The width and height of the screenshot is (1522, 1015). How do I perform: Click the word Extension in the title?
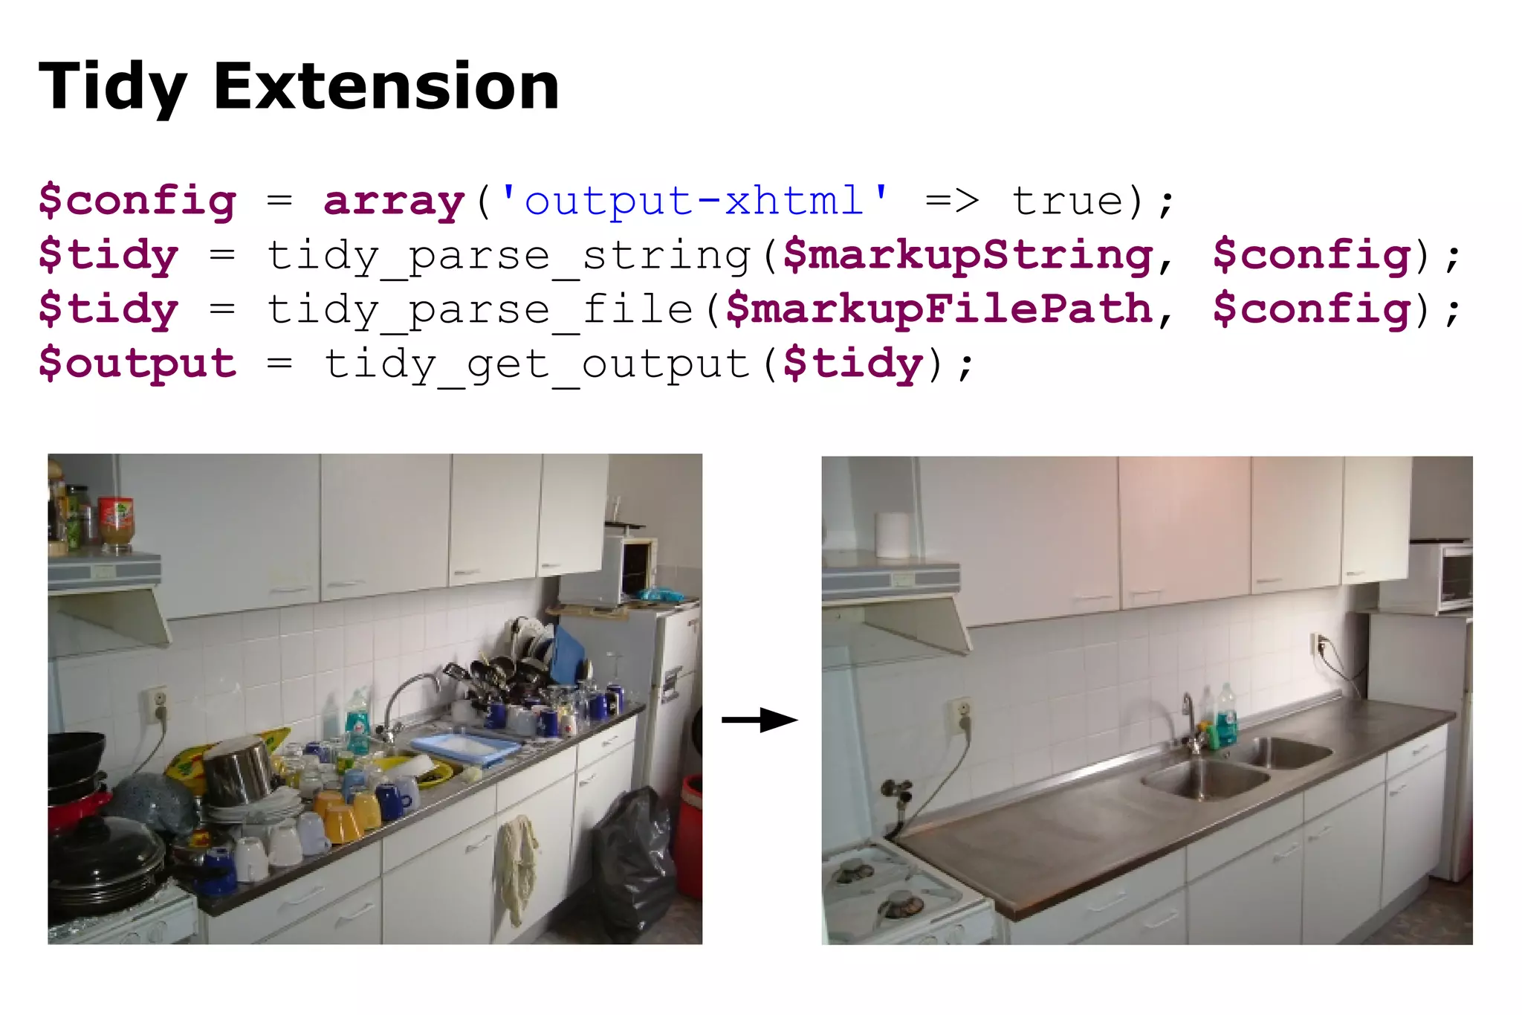[386, 87]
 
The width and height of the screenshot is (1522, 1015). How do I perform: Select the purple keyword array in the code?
[394, 201]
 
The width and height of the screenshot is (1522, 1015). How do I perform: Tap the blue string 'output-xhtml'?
[694, 201]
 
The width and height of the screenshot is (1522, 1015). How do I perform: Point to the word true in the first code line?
[1069, 201]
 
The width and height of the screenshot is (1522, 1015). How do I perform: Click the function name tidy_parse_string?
[509, 256]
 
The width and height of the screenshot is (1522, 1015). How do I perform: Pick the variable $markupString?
[968, 256]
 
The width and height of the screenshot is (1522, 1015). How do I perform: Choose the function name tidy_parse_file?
[480, 310]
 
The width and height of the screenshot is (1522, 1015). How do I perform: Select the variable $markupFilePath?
[939, 310]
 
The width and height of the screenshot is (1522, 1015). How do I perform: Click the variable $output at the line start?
[137, 364]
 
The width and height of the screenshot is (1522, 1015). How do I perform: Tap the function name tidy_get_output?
[537, 364]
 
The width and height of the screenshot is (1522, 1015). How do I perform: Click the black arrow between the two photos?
[760, 720]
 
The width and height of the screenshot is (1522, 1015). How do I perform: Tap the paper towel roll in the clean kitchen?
[893, 534]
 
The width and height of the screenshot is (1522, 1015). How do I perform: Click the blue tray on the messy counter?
[464, 747]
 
